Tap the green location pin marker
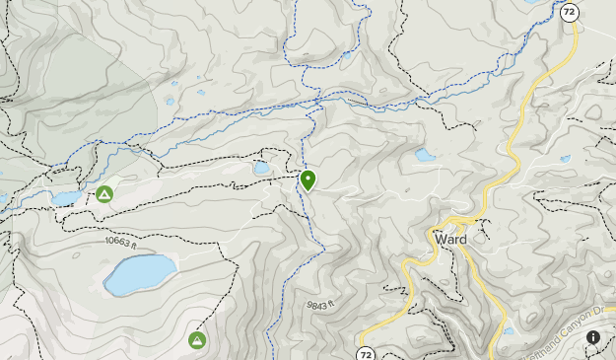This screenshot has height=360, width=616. pyautogui.click(x=308, y=180)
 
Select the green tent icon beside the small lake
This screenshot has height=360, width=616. pyautogui.click(x=104, y=194)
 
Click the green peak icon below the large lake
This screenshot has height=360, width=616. pyautogui.click(x=197, y=340)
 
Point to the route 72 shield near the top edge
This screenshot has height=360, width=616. pyautogui.click(x=569, y=14)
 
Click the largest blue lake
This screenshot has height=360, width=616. pyautogui.click(x=140, y=275)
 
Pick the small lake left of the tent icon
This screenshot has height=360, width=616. pyautogui.click(x=66, y=198)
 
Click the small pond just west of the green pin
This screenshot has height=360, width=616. pyautogui.click(x=262, y=169)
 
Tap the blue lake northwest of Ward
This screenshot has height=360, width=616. pyautogui.click(x=425, y=155)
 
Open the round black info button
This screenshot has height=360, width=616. pyautogui.click(x=594, y=338)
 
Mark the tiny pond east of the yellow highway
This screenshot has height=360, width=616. pyautogui.click(x=565, y=159)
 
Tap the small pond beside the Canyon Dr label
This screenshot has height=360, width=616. pyautogui.click(x=509, y=330)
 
